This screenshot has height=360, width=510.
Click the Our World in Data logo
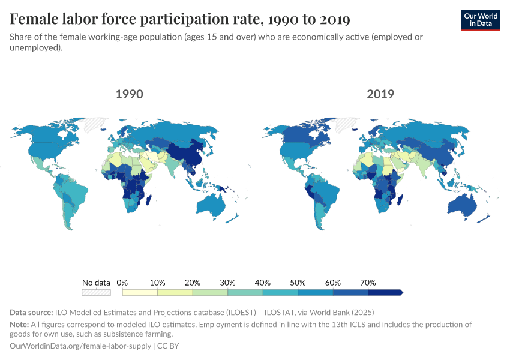(481, 20)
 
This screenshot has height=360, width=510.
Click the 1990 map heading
(129, 94)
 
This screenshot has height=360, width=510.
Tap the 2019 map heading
(380, 94)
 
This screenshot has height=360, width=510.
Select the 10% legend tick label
(157, 282)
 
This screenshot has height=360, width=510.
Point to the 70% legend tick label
(368, 282)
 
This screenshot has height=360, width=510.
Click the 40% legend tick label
(263, 282)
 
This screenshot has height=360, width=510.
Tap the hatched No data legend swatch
(97, 292)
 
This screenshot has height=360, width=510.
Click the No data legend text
(97, 282)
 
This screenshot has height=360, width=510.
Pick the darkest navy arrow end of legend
(385, 292)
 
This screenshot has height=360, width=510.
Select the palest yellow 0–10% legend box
(140, 292)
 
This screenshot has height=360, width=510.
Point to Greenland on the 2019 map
(346, 125)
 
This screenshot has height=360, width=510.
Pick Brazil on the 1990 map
(73, 192)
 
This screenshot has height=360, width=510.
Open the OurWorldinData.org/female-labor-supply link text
(81, 346)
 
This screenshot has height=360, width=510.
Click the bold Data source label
(31, 312)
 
